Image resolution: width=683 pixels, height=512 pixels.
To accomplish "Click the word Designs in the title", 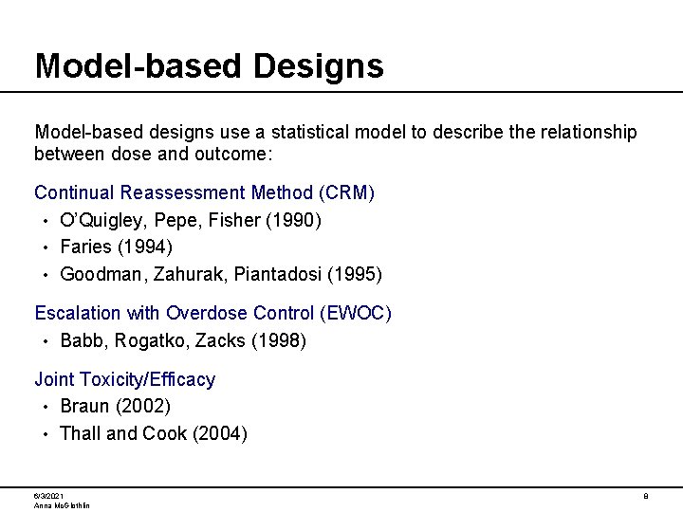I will (x=319, y=65).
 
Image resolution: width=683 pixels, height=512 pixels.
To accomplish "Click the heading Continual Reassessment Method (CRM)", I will (x=205, y=193).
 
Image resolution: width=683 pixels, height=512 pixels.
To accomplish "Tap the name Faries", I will (x=85, y=247).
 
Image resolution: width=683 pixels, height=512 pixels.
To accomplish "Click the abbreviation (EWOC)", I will (x=356, y=313).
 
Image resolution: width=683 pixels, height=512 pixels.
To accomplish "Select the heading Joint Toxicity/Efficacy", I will (x=124, y=380).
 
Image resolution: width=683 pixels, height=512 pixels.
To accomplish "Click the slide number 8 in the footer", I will (x=645, y=496).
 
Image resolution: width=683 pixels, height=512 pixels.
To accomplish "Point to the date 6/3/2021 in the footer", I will (x=48, y=496).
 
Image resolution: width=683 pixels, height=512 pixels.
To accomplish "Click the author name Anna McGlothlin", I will (x=62, y=505).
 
